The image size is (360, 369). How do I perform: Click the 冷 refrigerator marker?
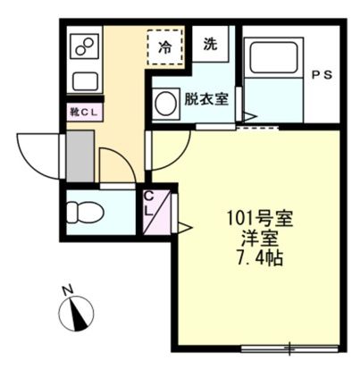click(166, 45)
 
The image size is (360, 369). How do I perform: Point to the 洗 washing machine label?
click(210, 44)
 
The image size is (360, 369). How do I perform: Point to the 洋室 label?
click(260, 239)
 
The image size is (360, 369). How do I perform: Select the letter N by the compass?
click(66, 289)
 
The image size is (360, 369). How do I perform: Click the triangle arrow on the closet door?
click(184, 227)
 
